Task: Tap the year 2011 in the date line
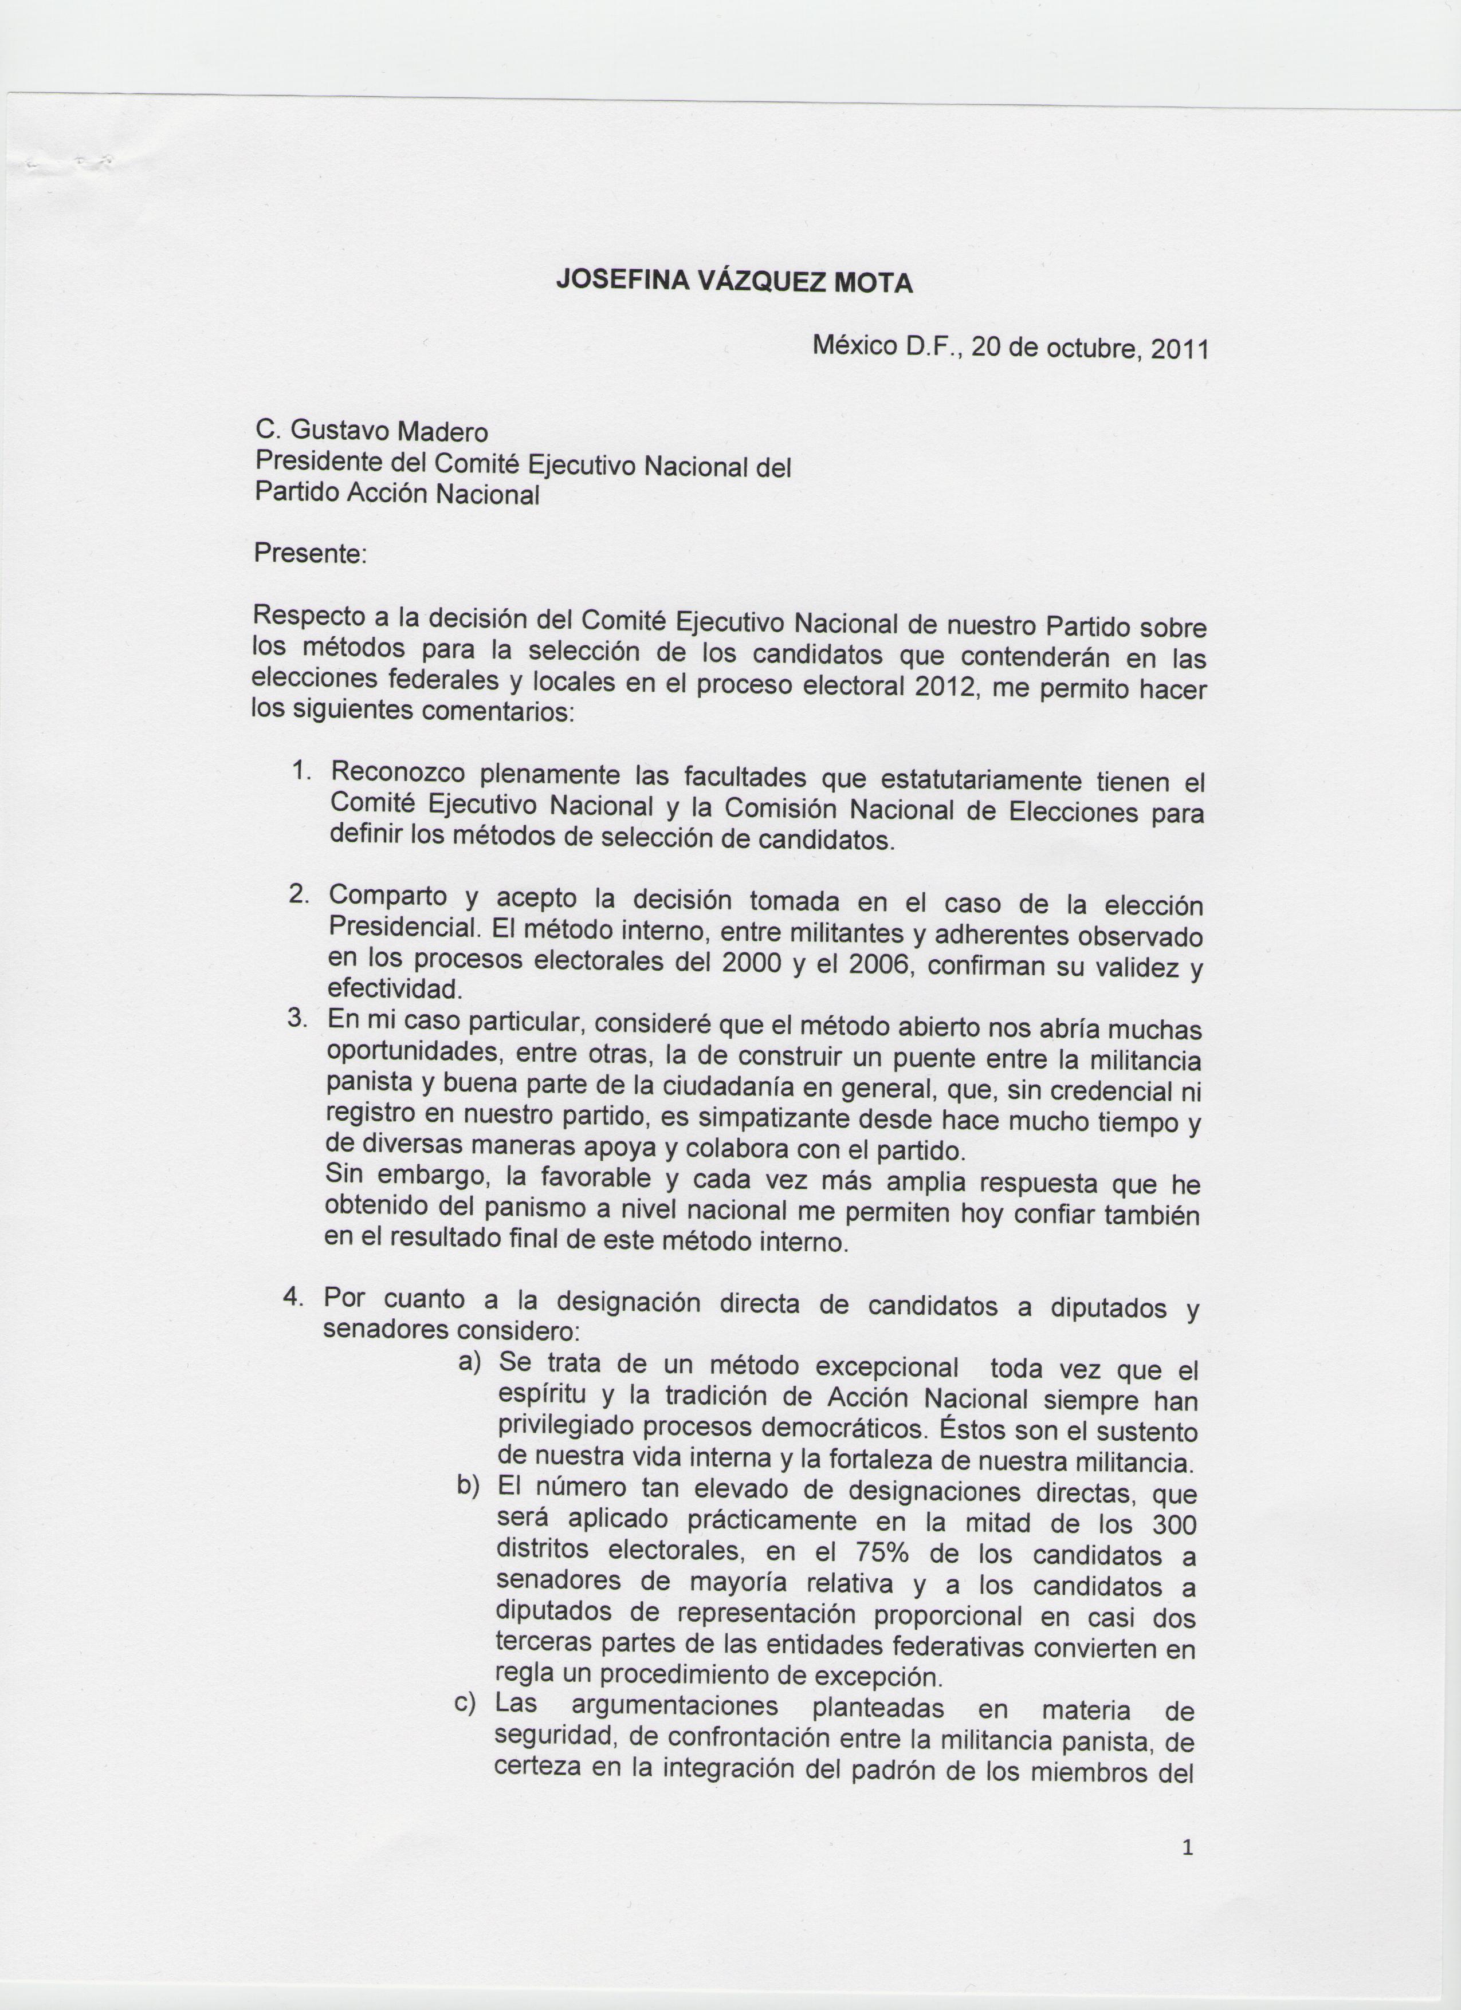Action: point(1179,349)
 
